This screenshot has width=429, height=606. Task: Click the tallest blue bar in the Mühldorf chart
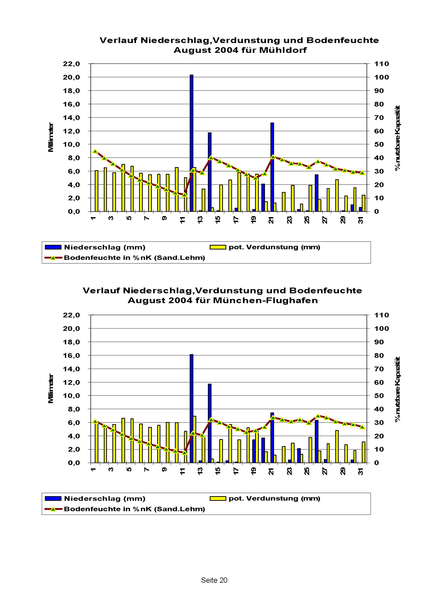point(191,143)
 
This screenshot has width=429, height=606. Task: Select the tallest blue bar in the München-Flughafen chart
point(191,409)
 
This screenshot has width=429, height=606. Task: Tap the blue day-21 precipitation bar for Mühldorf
point(272,167)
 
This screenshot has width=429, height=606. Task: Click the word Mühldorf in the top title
point(283,50)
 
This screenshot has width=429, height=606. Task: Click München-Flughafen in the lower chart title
point(265,300)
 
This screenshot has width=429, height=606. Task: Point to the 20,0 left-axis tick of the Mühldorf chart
point(71,77)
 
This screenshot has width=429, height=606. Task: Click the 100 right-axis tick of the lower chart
point(381,329)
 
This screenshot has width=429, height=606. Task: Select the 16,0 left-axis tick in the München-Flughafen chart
point(71,355)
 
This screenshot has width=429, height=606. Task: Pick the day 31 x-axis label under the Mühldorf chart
point(361,220)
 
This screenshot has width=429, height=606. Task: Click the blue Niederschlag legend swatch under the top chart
point(53,247)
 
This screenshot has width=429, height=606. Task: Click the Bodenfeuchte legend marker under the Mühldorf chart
point(53,258)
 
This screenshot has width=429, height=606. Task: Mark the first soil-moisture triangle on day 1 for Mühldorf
point(95,151)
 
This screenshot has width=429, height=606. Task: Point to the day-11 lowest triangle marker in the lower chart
point(184,452)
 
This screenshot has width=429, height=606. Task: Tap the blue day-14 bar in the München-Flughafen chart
point(209,423)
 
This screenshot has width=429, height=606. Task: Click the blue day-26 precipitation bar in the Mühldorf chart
point(316,193)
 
